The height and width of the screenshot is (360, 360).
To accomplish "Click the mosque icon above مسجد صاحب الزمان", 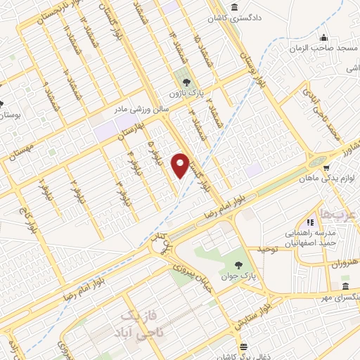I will point(323,37).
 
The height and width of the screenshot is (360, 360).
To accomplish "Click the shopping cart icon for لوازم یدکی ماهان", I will point(327,168).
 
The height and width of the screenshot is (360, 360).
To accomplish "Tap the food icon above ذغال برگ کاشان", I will point(243,346).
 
